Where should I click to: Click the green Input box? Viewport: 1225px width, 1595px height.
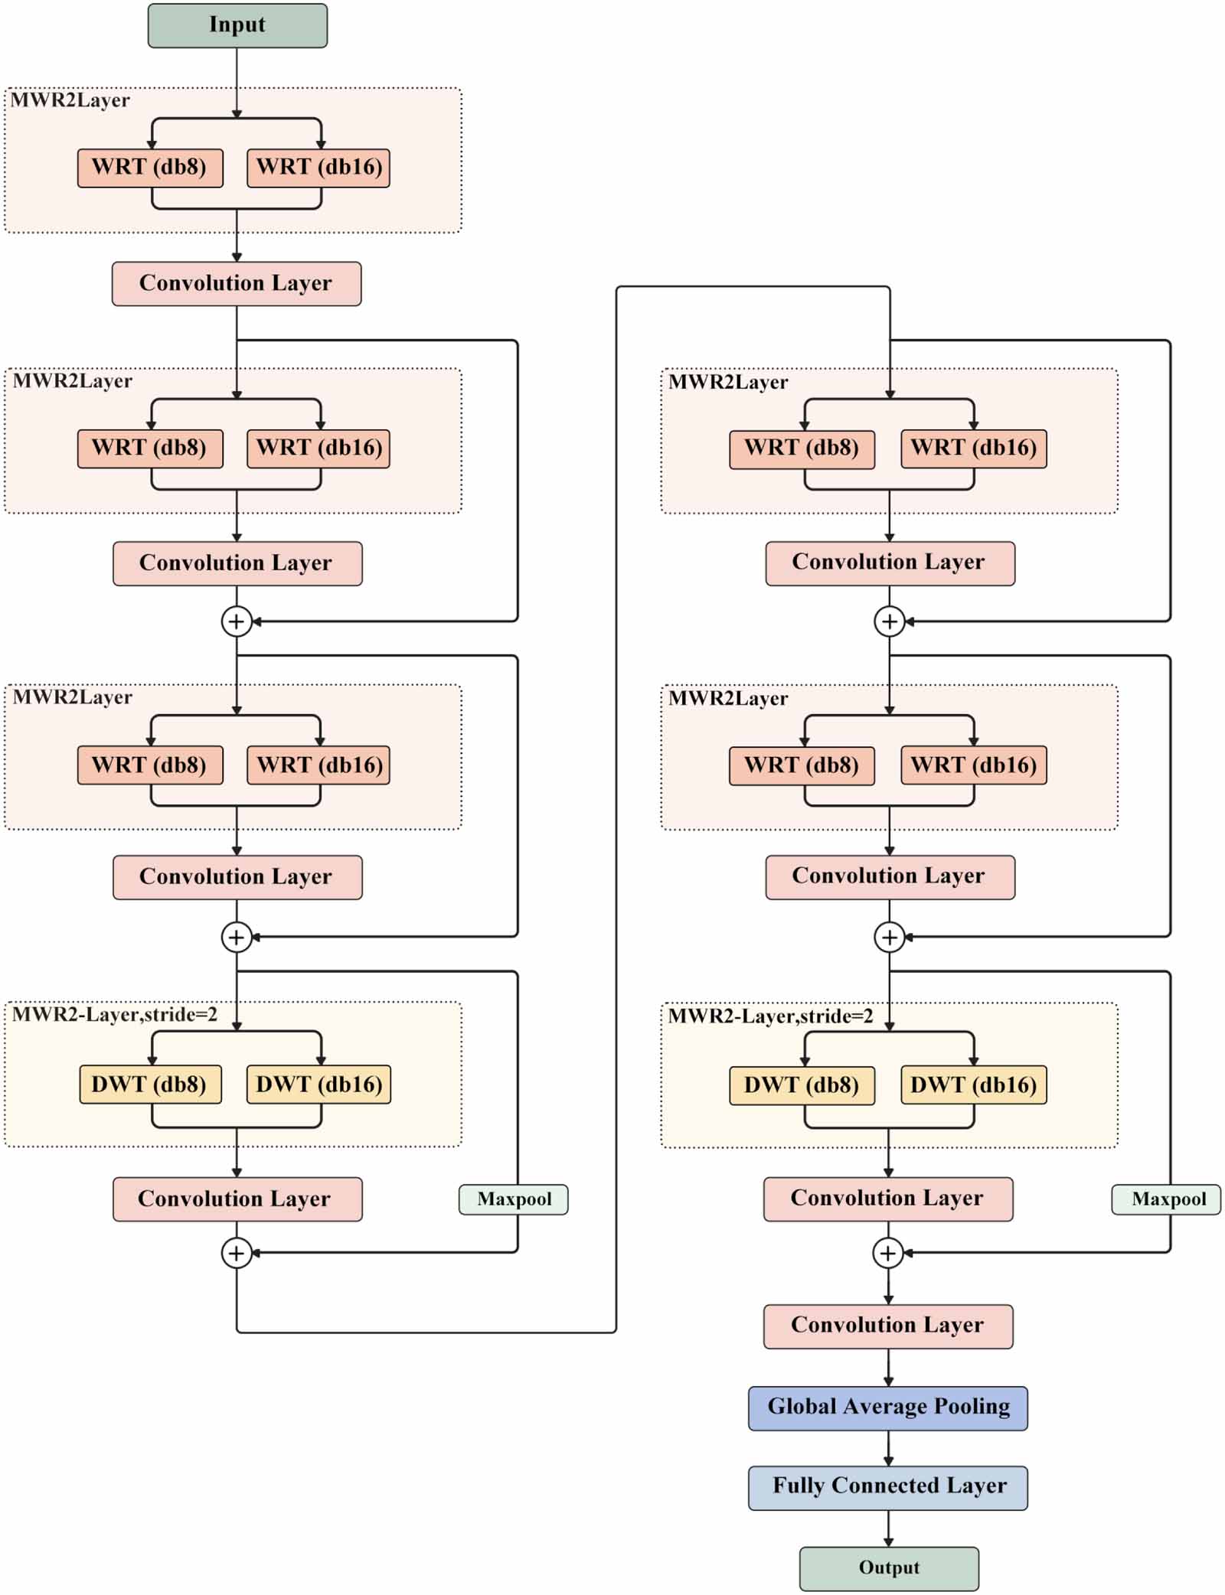coord(237,25)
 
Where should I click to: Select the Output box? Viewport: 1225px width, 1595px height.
coord(888,1567)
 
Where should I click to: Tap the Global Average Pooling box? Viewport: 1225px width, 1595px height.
coord(887,1407)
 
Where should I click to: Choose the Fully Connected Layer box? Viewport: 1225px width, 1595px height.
coord(887,1486)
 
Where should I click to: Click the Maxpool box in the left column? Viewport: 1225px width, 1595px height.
coord(514,1199)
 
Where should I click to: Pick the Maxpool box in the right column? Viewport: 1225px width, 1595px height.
coord(1168,1199)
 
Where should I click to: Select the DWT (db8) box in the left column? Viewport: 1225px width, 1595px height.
coord(150,1084)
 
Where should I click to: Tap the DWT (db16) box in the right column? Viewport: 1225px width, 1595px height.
coord(972,1085)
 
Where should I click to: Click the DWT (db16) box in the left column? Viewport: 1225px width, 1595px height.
coord(318,1084)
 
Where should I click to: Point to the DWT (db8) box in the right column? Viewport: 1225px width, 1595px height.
coord(802,1085)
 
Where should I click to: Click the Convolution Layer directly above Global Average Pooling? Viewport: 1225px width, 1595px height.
coord(887,1326)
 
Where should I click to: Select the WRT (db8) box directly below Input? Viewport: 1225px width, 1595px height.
coord(150,168)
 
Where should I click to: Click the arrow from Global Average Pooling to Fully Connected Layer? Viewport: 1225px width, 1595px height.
coord(888,1447)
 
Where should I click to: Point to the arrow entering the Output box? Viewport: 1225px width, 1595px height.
coord(888,1528)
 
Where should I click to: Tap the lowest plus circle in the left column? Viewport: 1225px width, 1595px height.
coord(237,1253)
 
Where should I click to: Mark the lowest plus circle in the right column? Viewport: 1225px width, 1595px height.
coord(888,1253)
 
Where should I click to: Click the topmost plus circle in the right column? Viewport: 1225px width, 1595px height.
coord(889,621)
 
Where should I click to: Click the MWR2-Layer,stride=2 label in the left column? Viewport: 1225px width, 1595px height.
coord(115,1015)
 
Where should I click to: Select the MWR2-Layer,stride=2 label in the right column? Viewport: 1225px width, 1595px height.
coord(770,1016)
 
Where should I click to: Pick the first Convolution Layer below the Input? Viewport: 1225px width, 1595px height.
coord(237,283)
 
